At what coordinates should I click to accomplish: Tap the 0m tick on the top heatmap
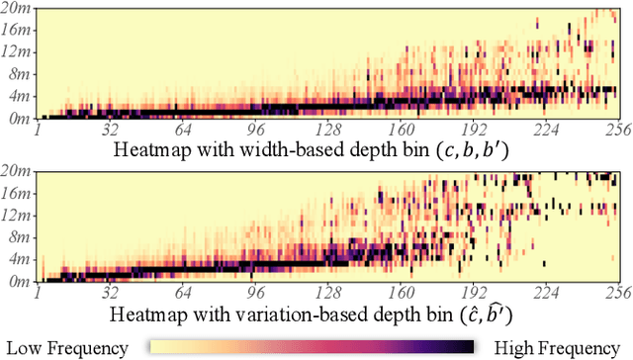17,117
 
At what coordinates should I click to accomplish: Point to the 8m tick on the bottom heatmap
17,237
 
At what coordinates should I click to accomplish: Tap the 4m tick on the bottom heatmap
17,259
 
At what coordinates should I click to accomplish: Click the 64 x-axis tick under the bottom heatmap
182,292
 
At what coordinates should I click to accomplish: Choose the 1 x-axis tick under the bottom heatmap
38,292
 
